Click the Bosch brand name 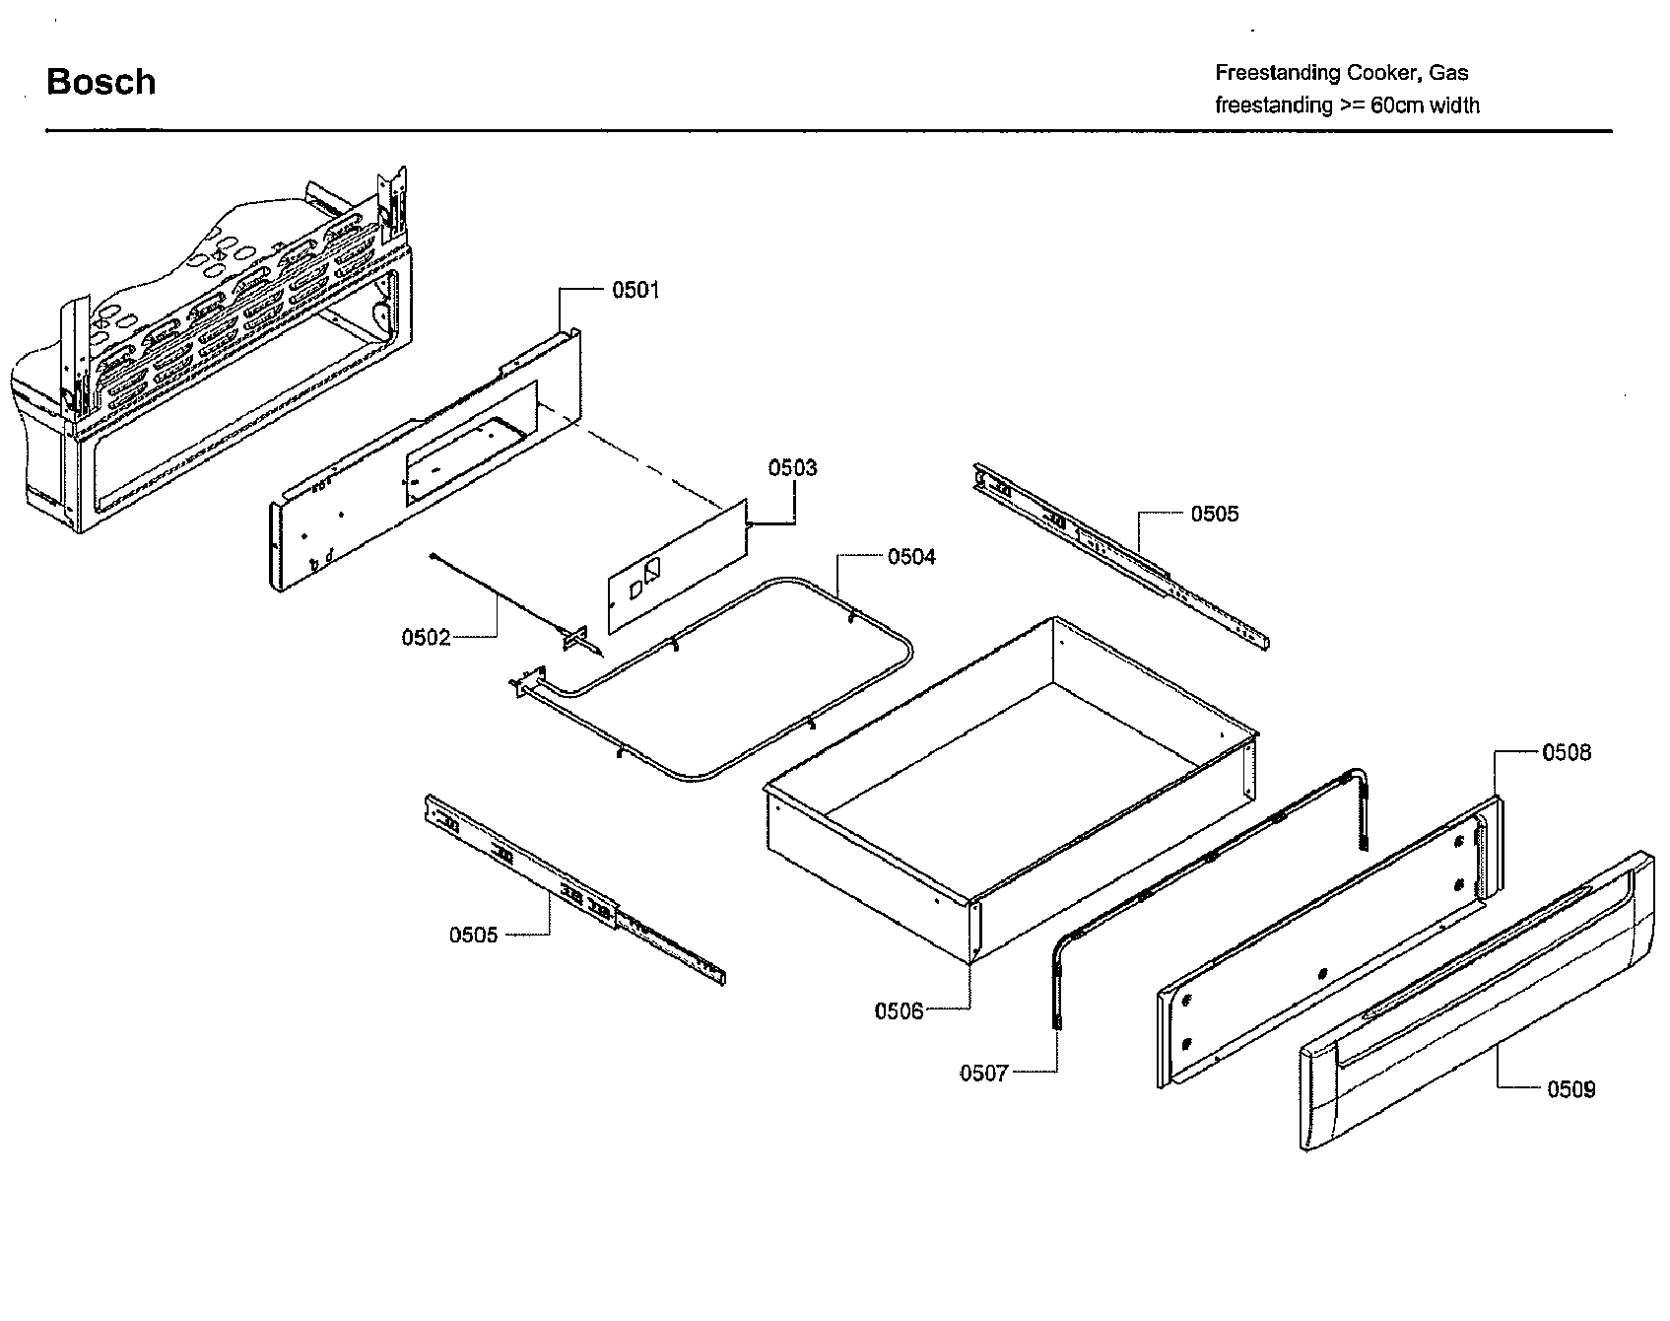pyautogui.click(x=100, y=82)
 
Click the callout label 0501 pyautogui.click(x=635, y=290)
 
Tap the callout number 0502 pyautogui.click(x=426, y=638)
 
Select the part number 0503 pyautogui.click(x=792, y=468)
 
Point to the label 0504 pyautogui.click(x=911, y=557)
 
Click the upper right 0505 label pyautogui.click(x=1215, y=514)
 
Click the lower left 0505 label pyautogui.click(x=474, y=935)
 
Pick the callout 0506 pyautogui.click(x=899, y=1010)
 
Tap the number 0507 pyautogui.click(x=984, y=1074)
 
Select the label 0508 pyautogui.click(x=1567, y=753)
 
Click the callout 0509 pyautogui.click(x=1570, y=1089)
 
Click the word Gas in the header pyautogui.click(x=1448, y=73)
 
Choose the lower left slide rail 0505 pyautogui.click(x=571, y=887)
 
